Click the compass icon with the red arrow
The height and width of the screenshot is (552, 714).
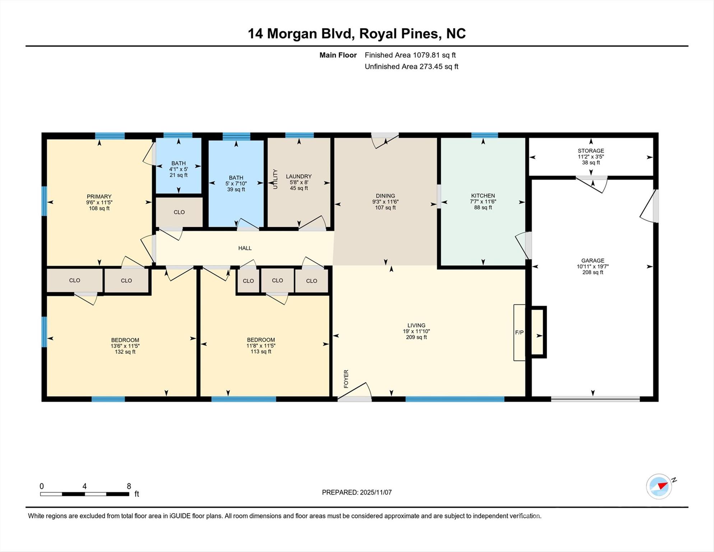tap(659, 487)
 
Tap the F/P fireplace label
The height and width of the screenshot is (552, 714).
tap(519, 332)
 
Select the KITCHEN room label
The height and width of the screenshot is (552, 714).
tap(483, 195)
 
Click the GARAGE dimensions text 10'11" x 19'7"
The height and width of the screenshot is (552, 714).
tap(593, 266)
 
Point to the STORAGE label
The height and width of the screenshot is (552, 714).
tap(591, 151)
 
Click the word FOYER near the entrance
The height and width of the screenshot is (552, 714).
tap(346, 379)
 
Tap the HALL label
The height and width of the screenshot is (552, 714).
tap(245, 248)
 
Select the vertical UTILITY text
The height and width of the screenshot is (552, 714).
tap(275, 179)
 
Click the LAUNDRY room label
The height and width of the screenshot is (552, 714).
tap(298, 176)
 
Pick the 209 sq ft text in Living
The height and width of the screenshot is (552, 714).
tap(416, 337)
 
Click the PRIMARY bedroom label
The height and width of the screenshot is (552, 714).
tap(99, 196)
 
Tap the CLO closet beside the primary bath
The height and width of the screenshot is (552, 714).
tap(179, 212)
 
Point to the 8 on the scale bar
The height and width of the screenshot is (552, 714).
tap(129, 486)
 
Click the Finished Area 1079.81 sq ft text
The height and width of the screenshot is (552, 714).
tap(410, 55)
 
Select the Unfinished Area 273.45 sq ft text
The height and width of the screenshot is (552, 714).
tap(411, 66)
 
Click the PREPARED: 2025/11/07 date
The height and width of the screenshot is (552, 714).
tap(357, 492)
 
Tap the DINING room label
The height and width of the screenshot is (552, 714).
tap(385, 196)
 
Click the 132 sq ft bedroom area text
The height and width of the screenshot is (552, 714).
tap(125, 352)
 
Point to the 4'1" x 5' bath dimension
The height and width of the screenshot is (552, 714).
tap(178, 169)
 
